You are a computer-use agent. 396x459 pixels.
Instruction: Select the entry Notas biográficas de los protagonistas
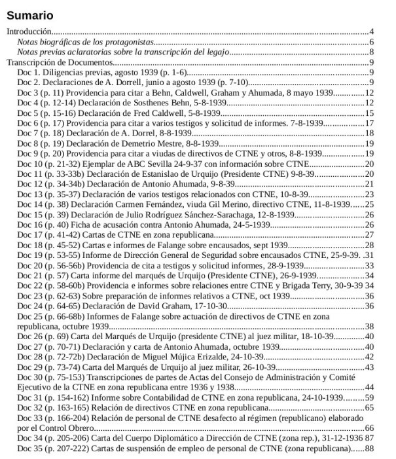[91, 42]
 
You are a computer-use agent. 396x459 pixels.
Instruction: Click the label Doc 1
[29, 73]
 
